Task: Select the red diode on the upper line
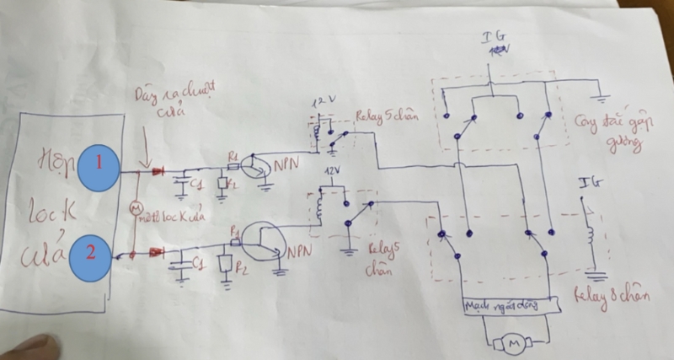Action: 158,172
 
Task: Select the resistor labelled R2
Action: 225,264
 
